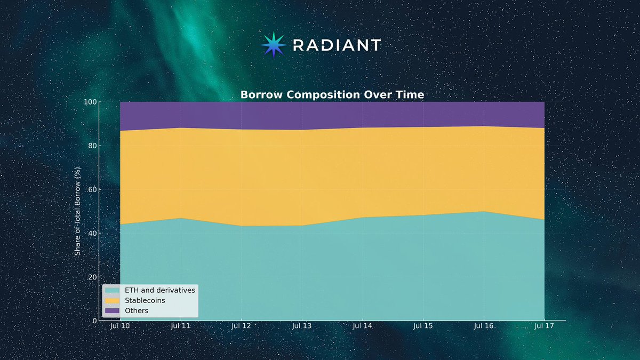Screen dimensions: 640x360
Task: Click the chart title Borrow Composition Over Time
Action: click(332, 94)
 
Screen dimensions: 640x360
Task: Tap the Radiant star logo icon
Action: click(274, 45)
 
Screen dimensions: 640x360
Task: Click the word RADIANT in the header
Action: click(337, 45)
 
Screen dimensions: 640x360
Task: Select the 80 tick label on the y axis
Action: click(92, 146)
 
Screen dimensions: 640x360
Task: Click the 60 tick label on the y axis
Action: click(92, 189)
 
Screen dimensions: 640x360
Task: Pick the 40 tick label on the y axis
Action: click(92, 233)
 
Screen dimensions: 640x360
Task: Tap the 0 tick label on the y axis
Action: click(94, 321)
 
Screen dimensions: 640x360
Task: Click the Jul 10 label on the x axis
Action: click(120, 326)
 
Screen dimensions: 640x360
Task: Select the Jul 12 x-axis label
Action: click(241, 326)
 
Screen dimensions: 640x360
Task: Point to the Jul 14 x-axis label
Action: click(362, 326)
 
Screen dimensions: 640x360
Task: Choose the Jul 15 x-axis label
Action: click(423, 326)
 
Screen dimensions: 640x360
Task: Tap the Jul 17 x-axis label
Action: click(545, 326)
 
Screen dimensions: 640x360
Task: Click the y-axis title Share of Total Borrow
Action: click(77, 211)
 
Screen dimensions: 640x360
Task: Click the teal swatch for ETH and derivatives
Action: click(112, 290)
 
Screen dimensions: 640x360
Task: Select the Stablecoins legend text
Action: click(145, 301)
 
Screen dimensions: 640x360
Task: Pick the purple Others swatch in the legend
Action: click(112, 310)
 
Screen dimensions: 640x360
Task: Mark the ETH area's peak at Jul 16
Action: click(483, 212)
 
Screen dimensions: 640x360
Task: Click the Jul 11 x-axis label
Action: click(181, 326)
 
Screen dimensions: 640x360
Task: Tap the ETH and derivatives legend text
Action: click(160, 290)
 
